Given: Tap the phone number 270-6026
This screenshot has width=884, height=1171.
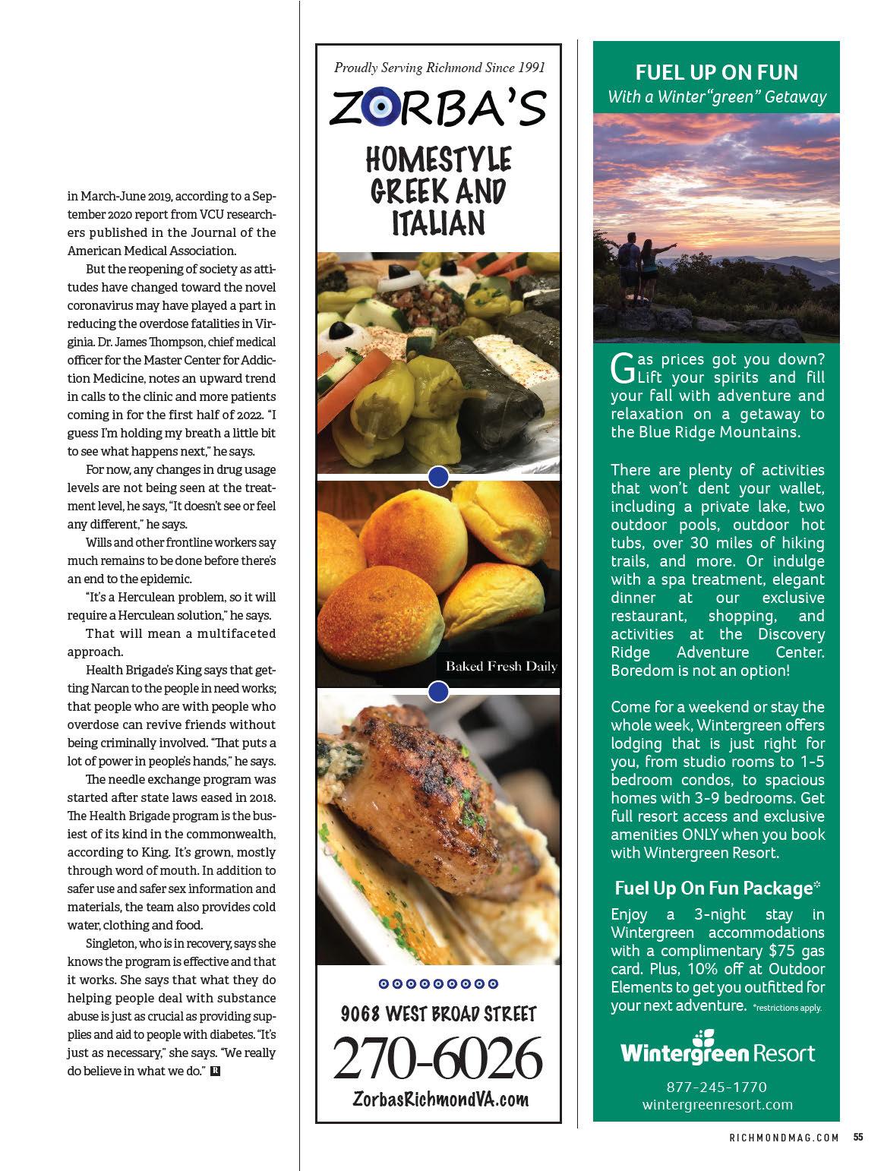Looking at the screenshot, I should (438, 1058).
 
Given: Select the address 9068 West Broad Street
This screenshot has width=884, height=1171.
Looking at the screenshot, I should (438, 1014).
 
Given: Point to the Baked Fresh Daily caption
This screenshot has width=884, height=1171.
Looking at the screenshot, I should (501, 667).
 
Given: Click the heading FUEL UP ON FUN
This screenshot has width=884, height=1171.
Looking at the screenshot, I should (716, 73).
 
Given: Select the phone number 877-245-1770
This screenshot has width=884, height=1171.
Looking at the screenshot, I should (716, 1087).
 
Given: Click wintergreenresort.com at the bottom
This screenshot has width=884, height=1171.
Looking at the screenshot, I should (717, 1104).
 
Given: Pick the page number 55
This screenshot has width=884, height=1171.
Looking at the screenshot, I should (858, 1137).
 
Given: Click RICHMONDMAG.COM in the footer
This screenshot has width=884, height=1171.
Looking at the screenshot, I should (784, 1138).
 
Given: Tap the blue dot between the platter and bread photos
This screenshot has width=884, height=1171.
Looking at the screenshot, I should (439, 477).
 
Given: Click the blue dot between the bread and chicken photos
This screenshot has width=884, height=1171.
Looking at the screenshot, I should (439, 692).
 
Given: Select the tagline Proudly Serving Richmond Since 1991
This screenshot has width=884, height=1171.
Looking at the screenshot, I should (439, 68).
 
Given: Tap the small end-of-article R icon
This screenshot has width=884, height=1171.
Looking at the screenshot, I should (215, 1072).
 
